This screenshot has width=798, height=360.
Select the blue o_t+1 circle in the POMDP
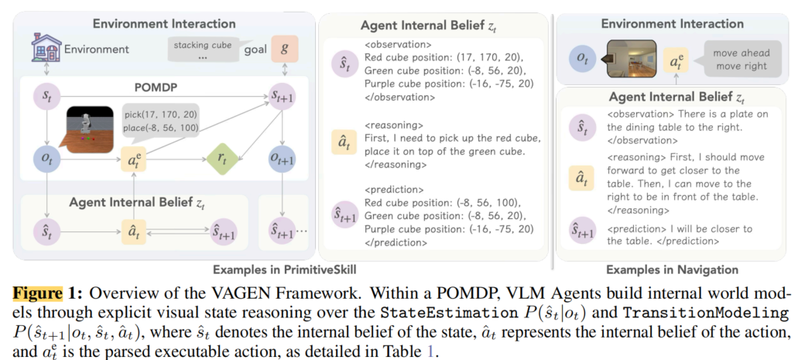click(x=284, y=158)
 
